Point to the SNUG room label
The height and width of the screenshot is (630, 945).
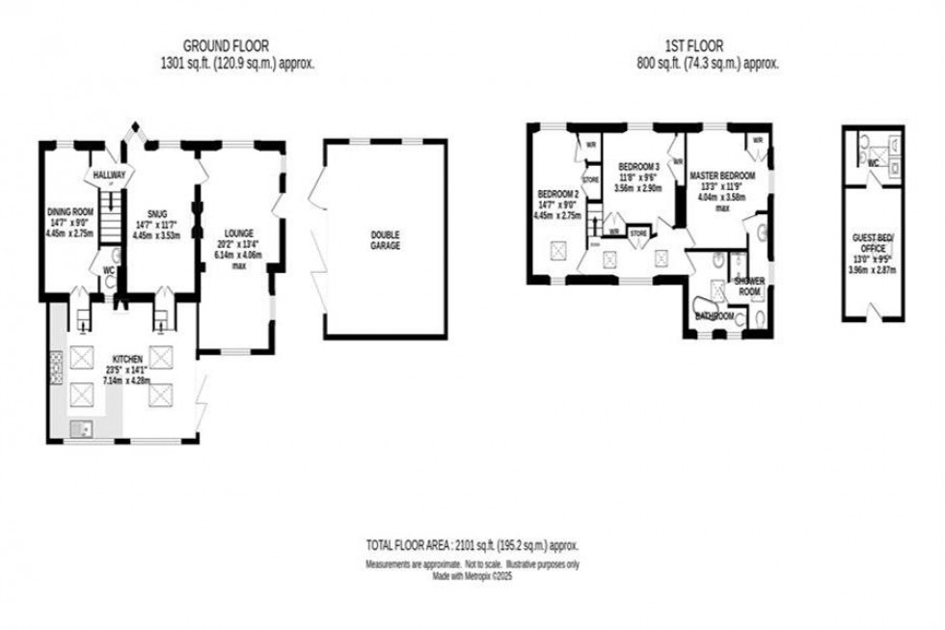point(158,215)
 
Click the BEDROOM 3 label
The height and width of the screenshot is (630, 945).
point(639,165)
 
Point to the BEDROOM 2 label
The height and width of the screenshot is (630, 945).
point(556,193)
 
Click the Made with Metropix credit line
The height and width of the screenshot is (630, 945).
point(472,576)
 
